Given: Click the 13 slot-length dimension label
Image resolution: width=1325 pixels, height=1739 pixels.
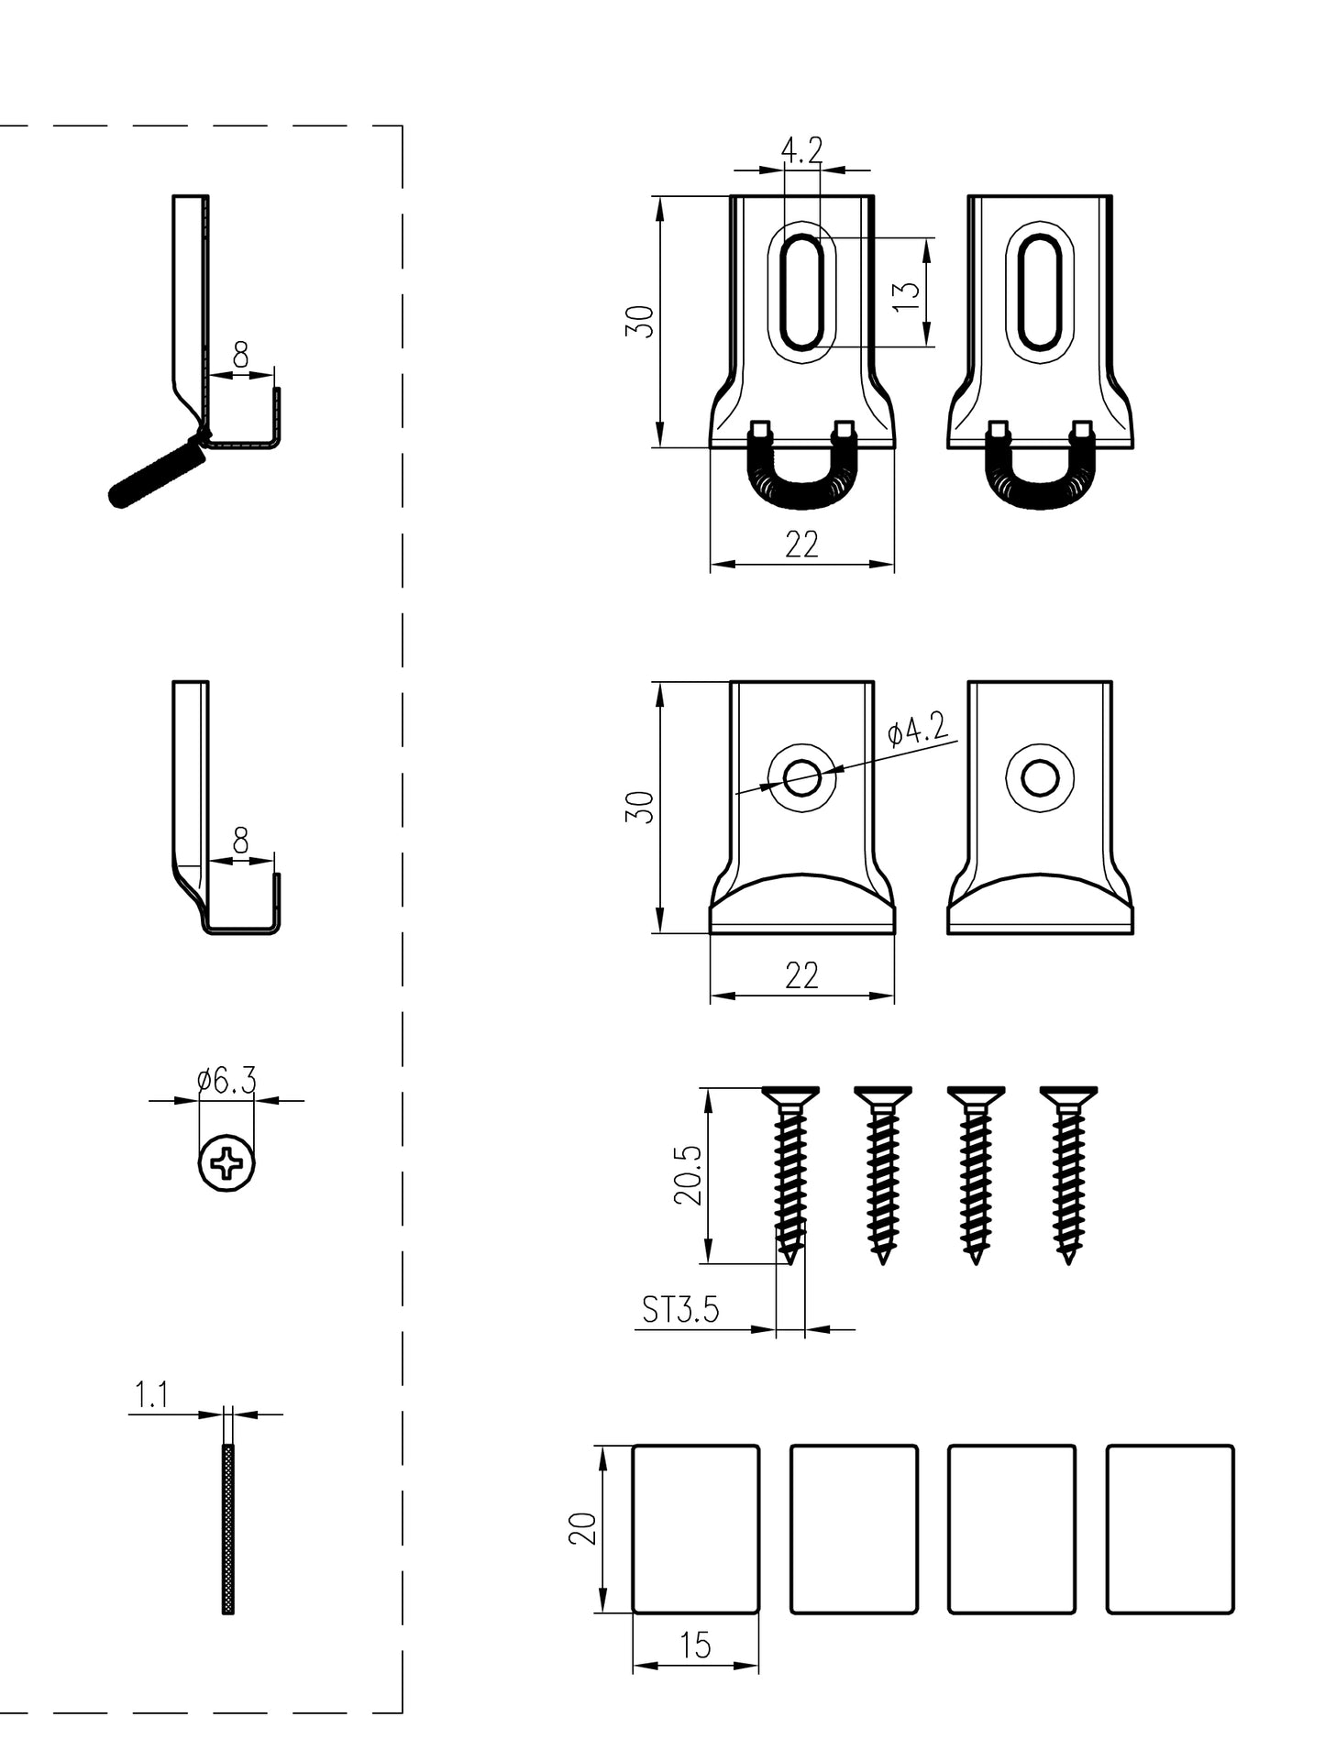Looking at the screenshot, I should click(907, 293).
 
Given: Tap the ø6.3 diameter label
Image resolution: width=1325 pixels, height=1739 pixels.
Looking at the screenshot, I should click(226, 1082).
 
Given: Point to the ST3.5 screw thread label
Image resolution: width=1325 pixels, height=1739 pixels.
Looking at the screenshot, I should click(680, 1310).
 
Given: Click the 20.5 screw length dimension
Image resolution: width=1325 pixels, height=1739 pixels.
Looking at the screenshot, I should click(690, 1175).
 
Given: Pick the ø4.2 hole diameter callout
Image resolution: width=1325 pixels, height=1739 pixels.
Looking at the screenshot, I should click(917, 732).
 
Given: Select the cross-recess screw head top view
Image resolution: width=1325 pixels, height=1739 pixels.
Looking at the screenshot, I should click(227, 1165).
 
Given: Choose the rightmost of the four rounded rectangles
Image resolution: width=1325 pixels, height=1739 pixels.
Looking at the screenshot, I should click(1170, 1528).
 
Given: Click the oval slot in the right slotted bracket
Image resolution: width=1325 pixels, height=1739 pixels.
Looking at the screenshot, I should click(1040, 292).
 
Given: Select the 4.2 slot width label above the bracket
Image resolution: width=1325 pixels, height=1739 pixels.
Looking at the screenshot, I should click(801, 149).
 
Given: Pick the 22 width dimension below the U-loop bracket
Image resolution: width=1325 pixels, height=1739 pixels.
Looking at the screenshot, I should click(801, 545).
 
